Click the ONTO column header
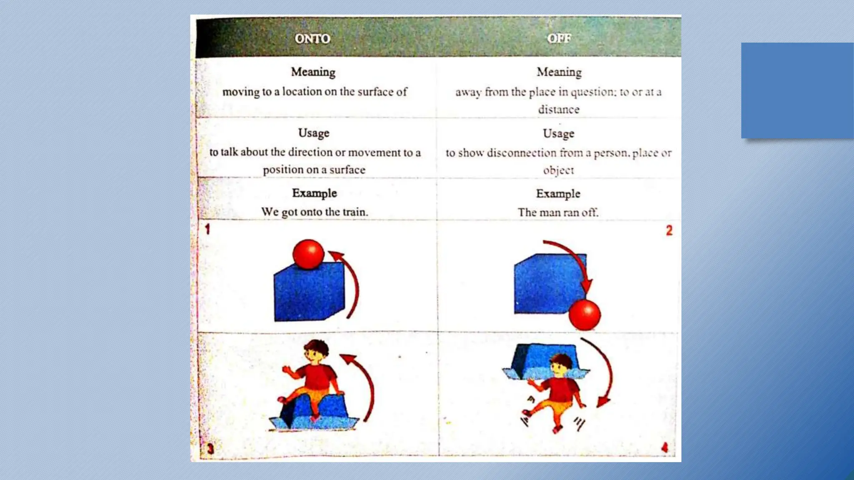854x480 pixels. click(312, 39)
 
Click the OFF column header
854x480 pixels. click(559, 39)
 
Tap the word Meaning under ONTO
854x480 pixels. click(313, 72)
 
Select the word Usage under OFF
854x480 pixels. click(558, 134)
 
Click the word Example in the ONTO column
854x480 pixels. click(314, 193)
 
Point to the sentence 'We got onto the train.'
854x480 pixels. click(314, 212)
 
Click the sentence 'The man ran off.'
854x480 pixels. click(558, 212)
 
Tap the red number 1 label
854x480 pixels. click(207, 229)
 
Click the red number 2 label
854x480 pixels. click(669, 230)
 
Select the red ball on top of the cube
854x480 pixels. click(308, 254)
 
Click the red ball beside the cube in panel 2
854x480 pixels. click(585, 315)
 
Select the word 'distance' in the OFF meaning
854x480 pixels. click(558, 110)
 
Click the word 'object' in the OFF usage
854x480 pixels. click(558, 170)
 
